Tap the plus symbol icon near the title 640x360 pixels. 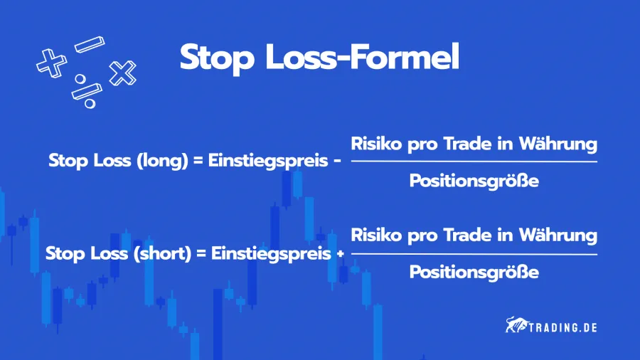[x=50, y=63]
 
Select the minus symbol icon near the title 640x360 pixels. [x=89, y=43]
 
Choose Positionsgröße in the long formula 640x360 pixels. [x=474, y=181]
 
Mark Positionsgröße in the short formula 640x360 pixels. [x=474, y=272]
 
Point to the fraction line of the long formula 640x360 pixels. [x=474, y=162]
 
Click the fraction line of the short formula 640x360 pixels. [x=474, y=254]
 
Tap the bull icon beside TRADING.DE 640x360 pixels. [x=516, y=327]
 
